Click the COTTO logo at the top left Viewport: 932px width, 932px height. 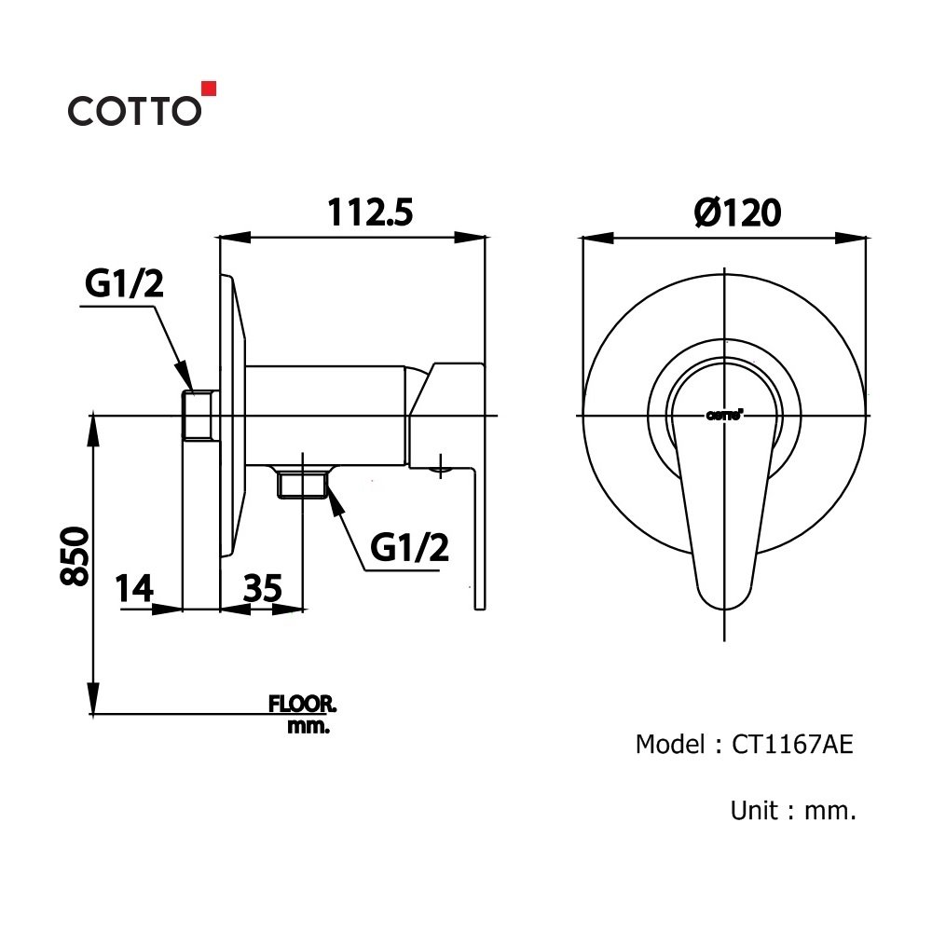[133, 109]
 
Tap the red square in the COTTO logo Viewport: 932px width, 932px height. [209, 89]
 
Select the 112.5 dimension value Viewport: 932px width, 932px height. [369, 213]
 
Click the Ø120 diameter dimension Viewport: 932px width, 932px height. [737, 213]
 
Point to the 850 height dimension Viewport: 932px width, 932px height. [75, 555]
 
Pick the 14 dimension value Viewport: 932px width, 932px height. [134, 589]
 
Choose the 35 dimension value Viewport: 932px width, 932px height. [262, 589]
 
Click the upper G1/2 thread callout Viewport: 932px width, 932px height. [124, 285]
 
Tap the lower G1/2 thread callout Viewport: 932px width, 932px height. [409, 548]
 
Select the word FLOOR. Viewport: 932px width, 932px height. [303, 704]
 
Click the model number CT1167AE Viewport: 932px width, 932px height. [792, 744]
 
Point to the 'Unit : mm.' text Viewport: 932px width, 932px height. [792, 811]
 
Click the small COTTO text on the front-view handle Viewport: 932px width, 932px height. [724, 416]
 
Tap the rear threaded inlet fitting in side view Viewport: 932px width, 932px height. [199, 415]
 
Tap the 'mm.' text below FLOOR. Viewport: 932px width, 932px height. [308, 726]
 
